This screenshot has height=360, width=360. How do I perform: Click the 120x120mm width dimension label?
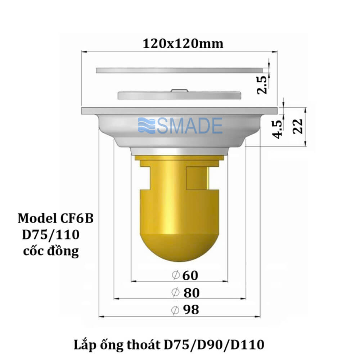(x=183, y=44)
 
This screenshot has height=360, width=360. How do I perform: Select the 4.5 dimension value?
(x=278, y=129)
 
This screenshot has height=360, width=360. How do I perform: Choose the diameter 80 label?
(x=186, y=293)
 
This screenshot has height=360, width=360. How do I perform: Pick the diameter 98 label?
(x=185, y=310)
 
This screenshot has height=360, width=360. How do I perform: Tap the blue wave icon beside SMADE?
(x=147, y=126)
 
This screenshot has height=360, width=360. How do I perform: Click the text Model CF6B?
(x=55, y=219)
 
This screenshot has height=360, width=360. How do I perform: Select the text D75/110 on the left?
(x=50, y=235)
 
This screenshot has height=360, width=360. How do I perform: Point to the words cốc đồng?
(x=51, y=251)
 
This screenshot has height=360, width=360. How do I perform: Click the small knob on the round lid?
(x=179, y=90)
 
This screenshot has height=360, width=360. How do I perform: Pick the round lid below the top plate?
(x=179, y=95)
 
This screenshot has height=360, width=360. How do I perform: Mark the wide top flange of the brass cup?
(x=179, y=158)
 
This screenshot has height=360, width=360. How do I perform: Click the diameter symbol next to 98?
(x=175, y=310)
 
